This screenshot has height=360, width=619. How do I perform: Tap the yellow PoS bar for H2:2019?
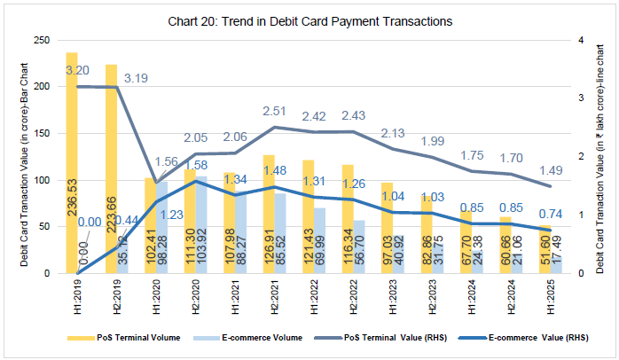[x=111, y=168]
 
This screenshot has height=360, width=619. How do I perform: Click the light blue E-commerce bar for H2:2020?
[x=202, y=225]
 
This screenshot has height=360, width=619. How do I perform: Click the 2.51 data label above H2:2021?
[x=276, y=111]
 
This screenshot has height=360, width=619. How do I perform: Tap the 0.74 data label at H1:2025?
[x=551, y=214]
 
